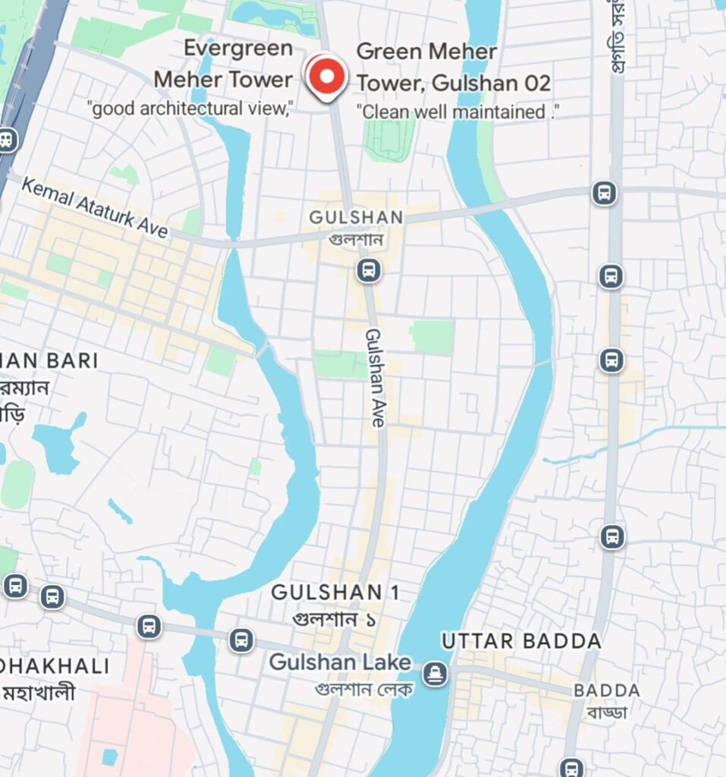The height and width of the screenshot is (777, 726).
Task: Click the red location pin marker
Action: (x=326, y=77)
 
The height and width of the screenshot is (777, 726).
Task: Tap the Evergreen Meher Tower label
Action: (x=223, y=64)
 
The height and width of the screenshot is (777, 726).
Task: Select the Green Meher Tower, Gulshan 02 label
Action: (x=453, y=68)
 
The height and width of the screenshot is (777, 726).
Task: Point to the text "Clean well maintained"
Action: (x=457, y=112)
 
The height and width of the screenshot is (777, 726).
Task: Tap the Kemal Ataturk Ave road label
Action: (x=94, y=206)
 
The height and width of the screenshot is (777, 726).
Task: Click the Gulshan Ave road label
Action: (x=376, y=377)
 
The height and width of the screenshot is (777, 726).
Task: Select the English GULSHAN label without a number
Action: (x=356, y=218)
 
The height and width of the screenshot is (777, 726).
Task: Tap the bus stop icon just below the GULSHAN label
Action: (x=369, y=269)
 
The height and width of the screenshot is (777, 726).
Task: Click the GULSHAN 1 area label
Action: (x=335, y=592)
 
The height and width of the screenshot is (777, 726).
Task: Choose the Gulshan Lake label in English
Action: (x=340, y=662)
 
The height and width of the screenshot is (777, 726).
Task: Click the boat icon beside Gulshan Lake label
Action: (x=435, y=673)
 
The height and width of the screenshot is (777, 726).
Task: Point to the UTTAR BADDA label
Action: (x=521, y=641)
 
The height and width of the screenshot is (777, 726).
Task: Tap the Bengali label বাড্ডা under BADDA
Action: (x=606, y=712)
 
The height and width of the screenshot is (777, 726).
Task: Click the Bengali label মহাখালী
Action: (x=38, y=693)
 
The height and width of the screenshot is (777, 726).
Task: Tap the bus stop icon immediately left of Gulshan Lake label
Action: (x=241, y=640)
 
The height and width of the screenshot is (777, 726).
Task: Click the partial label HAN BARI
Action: (x=49, y=360)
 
